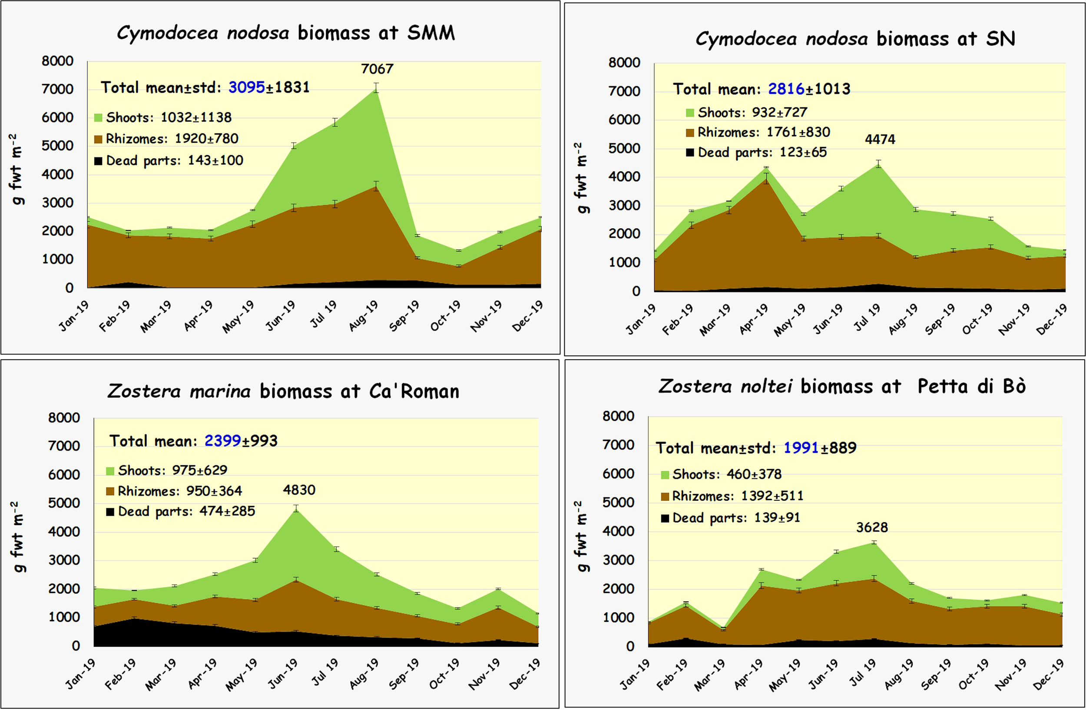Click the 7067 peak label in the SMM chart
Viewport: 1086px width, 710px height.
pos(377,69)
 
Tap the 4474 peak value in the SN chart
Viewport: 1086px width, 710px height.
pos(880,139)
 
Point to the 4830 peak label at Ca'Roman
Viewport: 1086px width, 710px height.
pos(299,490)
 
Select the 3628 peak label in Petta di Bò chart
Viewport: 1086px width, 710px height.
pos(871,527)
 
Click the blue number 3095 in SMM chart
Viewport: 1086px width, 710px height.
pos(246,87)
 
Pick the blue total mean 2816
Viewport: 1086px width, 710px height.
pos(786,89)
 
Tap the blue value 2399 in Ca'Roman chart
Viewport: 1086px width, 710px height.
pos(222,440)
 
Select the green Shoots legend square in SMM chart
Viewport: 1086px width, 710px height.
pos(98,118)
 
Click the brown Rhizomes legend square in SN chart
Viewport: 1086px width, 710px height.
pos(690,133)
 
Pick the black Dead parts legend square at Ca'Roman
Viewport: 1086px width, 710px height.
pos(110,512)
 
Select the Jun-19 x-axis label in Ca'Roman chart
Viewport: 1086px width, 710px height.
pos(282,674)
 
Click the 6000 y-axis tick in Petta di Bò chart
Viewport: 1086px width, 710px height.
pos(618,473)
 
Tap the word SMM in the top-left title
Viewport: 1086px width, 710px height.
pos(431,33)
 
